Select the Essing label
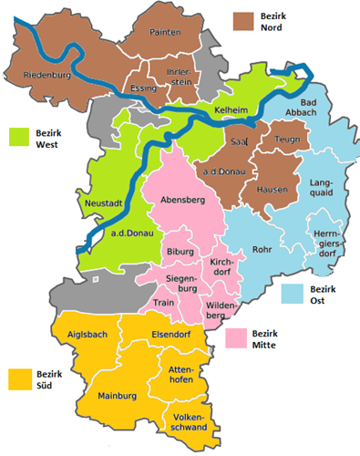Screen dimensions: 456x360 click(144, 89)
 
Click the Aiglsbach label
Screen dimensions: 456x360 click(87, 335)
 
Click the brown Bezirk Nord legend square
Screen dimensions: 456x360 click(242, 22)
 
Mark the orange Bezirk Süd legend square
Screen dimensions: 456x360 click(18, 378)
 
